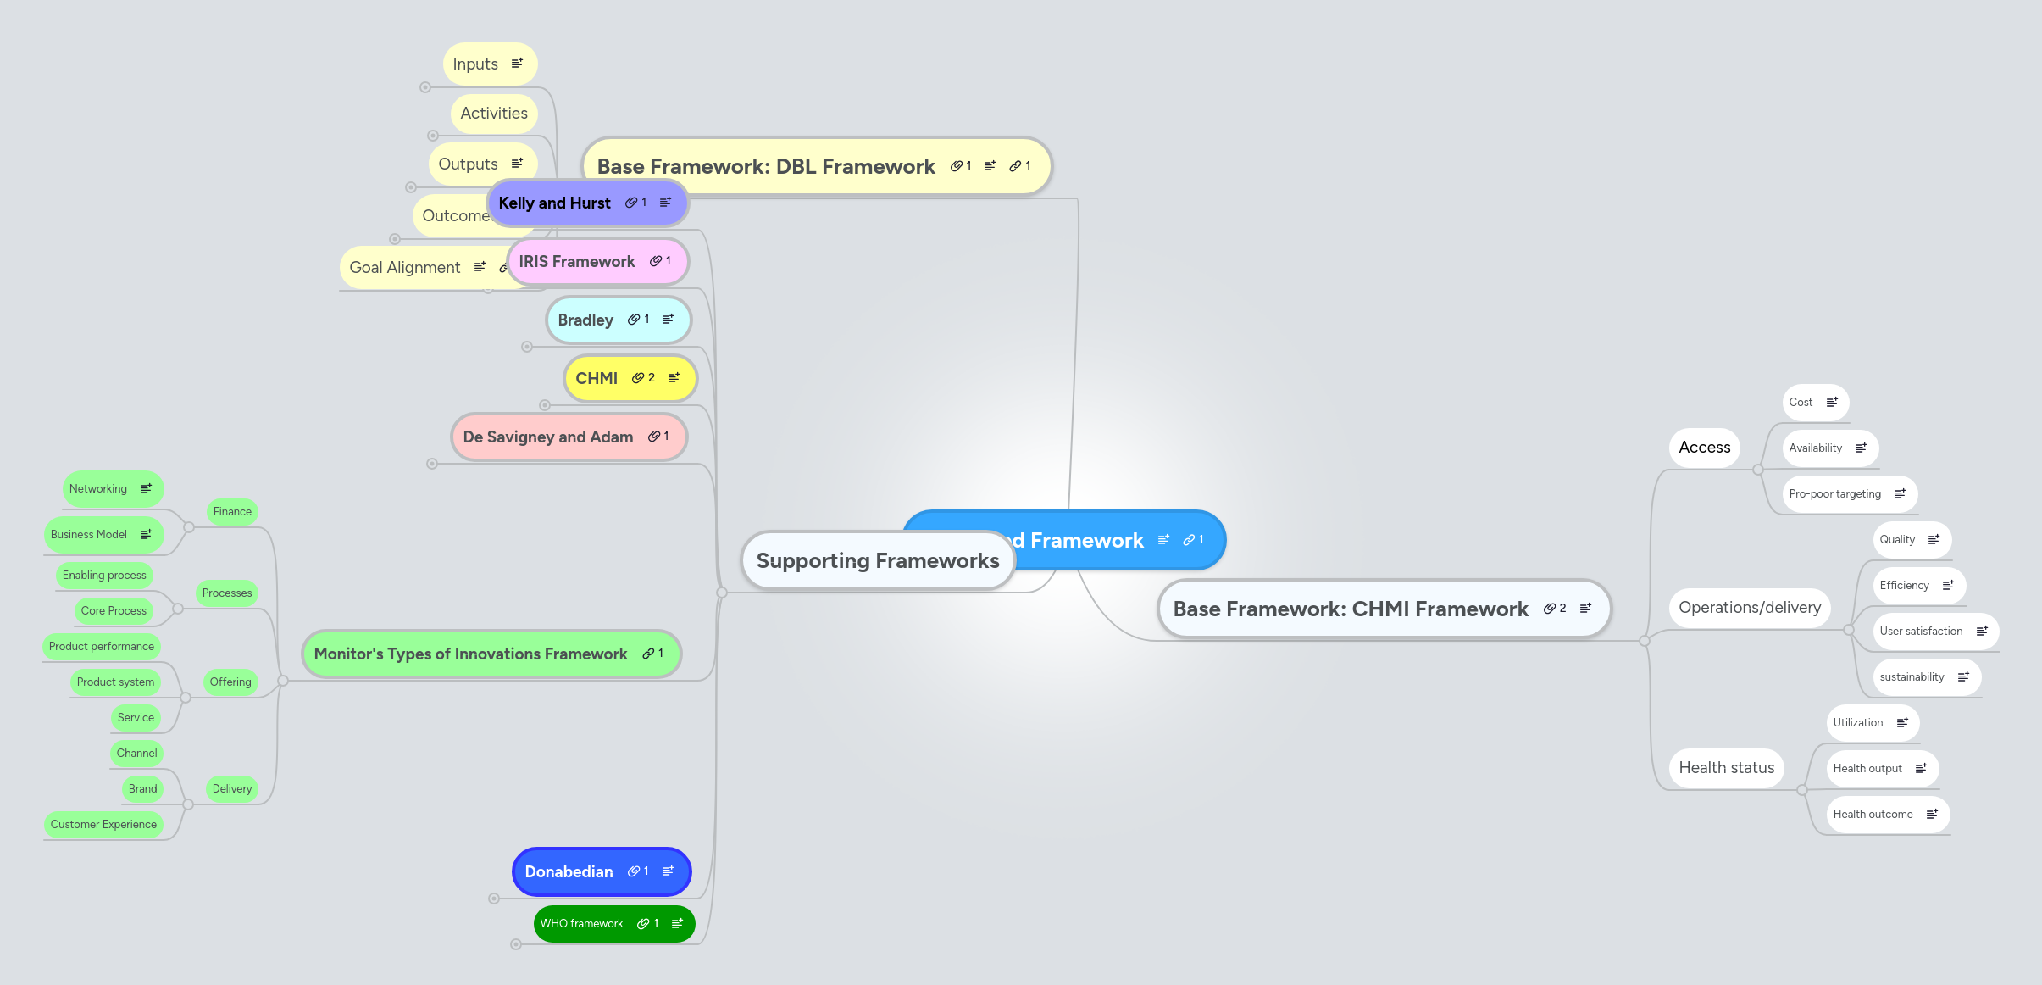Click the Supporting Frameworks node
[x=877, y=560]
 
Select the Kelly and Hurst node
[x=554, y=203]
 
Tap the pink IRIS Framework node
[x=576, y=262]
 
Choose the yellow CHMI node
[x=597, y=378]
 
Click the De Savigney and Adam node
[x=547, y=437]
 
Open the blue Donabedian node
[x=569, y=872]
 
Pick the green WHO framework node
[x=581, y=924]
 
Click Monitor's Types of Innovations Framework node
[x=470, y=654]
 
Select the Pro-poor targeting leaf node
[x=1834, y=494]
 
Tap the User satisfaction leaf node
[x=1920, y=632]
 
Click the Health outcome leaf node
[x=1873, y=815]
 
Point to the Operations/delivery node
[x=1749, y=608]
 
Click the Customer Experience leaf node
[x=103, y=825]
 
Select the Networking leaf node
[x=98, y=489]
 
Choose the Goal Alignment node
[x=405, y=268]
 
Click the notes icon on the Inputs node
[x=517, y=64]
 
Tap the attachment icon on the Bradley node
[x=634, y=320]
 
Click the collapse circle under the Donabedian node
[x=494, y=899]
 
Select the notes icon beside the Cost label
[x=1832, y=403]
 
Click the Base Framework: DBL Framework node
[x=765, y=167]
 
